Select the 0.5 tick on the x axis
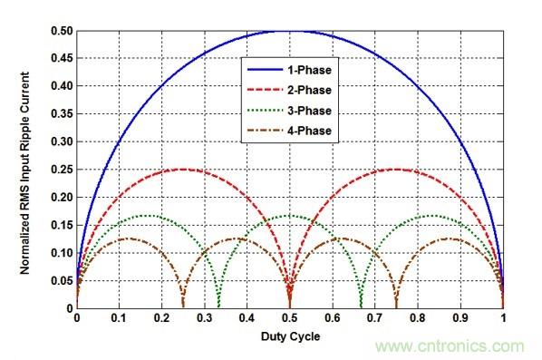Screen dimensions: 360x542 pos(290,320)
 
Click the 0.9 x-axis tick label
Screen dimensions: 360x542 pos(460,320)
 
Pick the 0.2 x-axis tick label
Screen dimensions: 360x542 pos(161,320)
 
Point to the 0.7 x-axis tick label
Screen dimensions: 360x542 pos(375,320)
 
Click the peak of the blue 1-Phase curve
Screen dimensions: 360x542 pos(290,31)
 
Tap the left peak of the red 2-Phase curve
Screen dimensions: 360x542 pos(183,170)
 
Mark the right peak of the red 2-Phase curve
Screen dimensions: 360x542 pos(397,170)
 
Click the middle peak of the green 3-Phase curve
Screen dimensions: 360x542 pos(290,216)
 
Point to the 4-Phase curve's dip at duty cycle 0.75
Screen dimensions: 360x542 pos(397,306)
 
